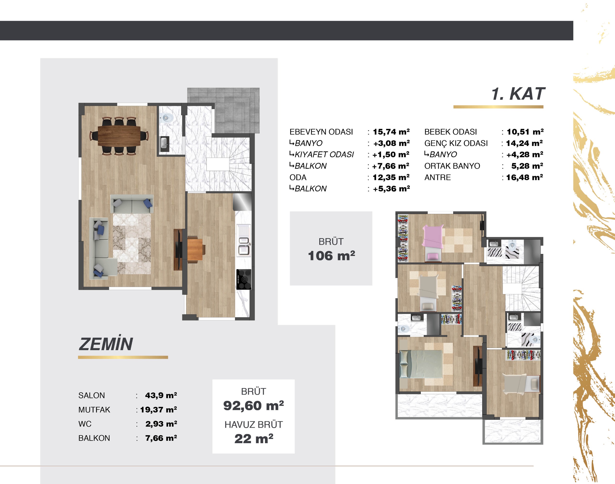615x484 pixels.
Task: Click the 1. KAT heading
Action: tap(518, 94)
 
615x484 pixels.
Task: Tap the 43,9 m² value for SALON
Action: tap(161, 395)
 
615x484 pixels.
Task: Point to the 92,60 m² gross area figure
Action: tap(253, 405)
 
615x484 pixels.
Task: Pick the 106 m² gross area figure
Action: tap(331, 256)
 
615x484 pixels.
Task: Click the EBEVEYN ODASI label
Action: tap(321, 132)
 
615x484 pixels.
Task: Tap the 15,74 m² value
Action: tap(391, 132)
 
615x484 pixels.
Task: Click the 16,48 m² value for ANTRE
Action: tap(524, 177)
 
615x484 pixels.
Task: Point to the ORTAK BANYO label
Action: tap(452, 166)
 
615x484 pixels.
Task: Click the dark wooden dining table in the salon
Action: tap(119, 136)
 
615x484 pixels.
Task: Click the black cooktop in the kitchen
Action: tap(244, 279)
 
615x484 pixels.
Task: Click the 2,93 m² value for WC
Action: tap(161, 424)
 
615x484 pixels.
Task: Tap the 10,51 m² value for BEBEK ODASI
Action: tap(525, 132)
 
